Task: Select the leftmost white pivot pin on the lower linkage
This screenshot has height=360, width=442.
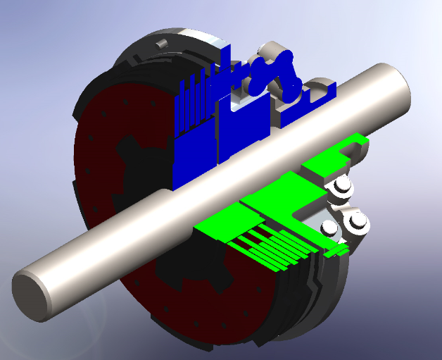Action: click(x=329, y=228)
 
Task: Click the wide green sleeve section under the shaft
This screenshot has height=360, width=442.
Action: click(x=282, y=194)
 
